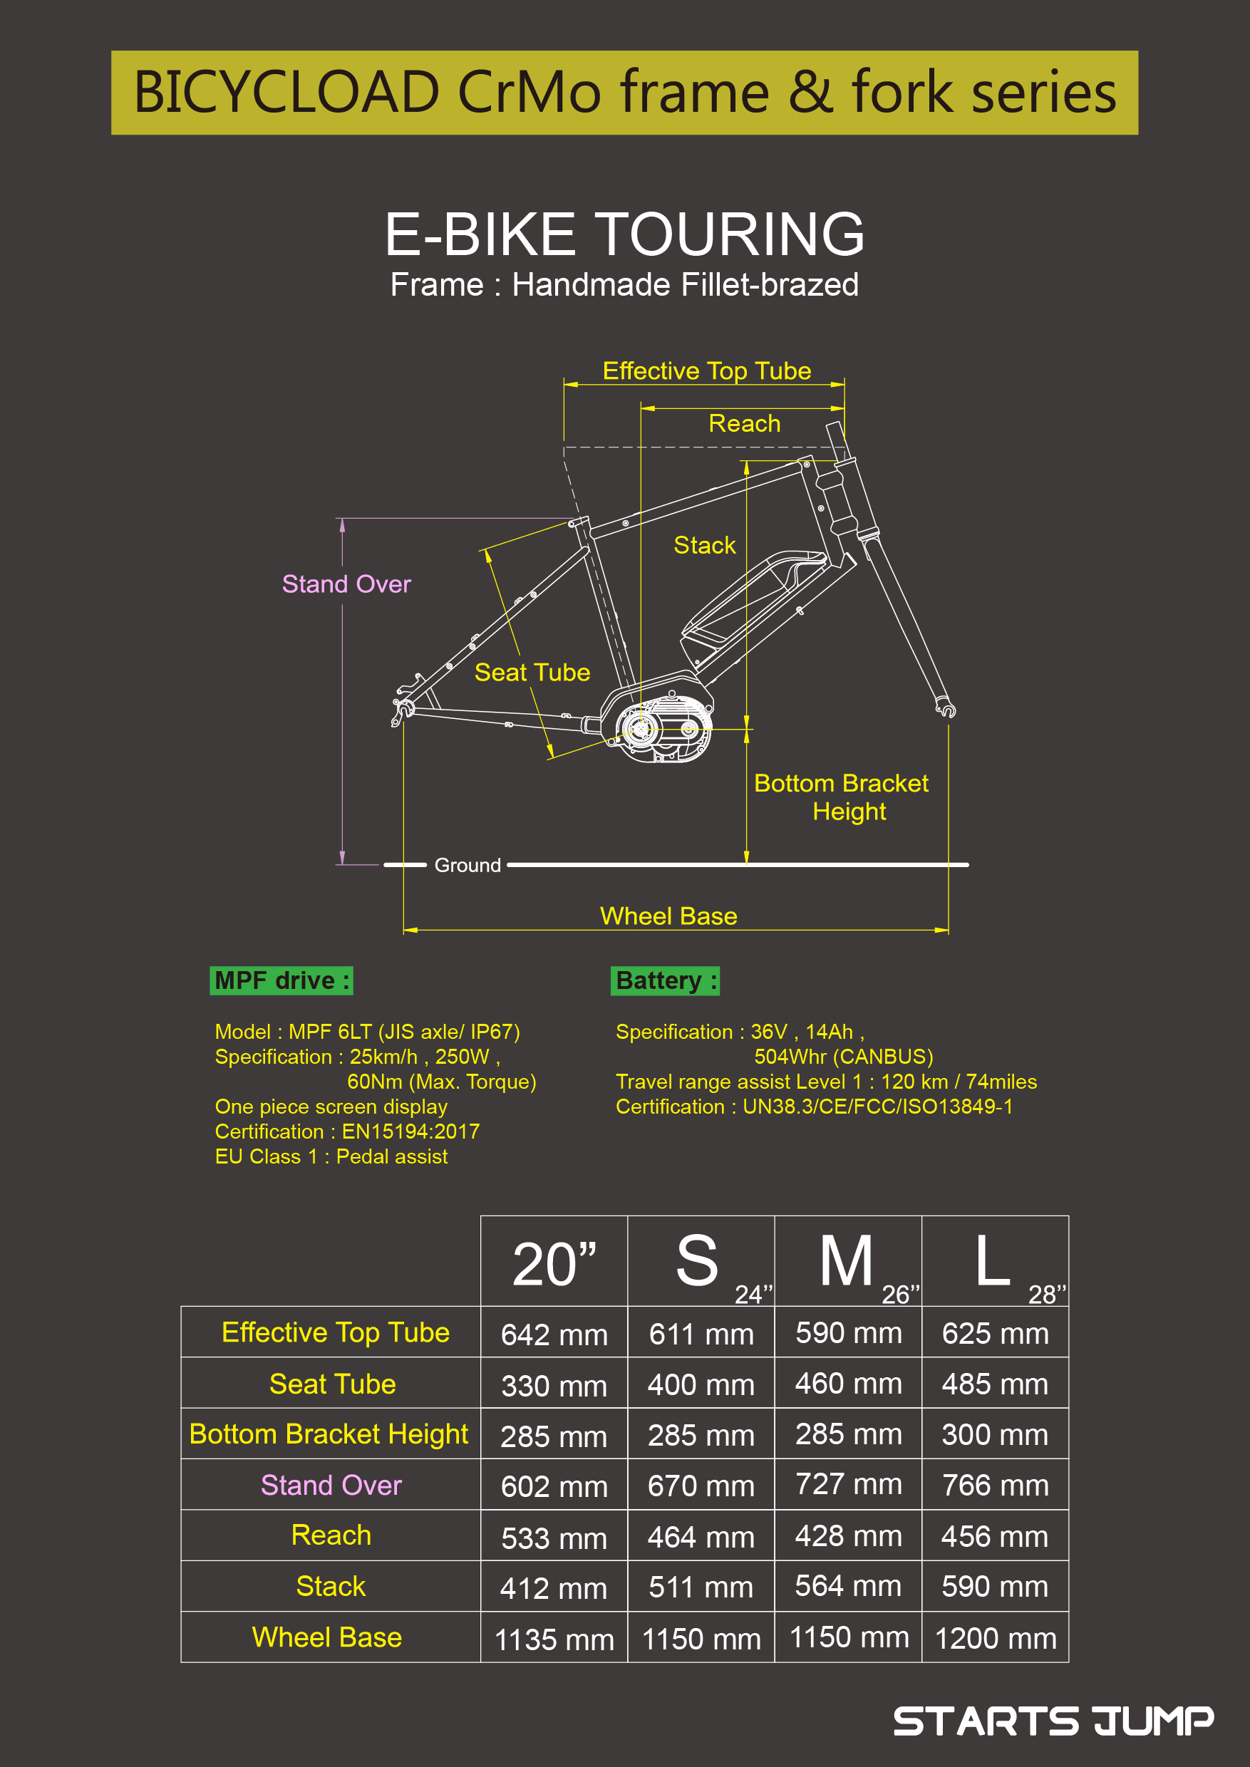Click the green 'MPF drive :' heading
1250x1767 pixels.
281,980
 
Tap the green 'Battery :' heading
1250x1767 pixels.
665,980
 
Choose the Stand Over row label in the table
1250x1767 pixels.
331,1485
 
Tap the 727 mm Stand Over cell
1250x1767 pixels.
848,1484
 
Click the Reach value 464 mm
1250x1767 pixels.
701,1536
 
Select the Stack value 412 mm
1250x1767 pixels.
554,1588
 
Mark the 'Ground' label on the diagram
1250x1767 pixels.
468,865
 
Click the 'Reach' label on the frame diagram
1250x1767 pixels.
744,423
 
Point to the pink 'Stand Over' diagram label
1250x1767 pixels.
346,584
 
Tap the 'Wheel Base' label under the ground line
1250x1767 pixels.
668,916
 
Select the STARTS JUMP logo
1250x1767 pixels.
1053,1721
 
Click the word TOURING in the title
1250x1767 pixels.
730,234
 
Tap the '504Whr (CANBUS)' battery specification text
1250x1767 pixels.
844,1057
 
